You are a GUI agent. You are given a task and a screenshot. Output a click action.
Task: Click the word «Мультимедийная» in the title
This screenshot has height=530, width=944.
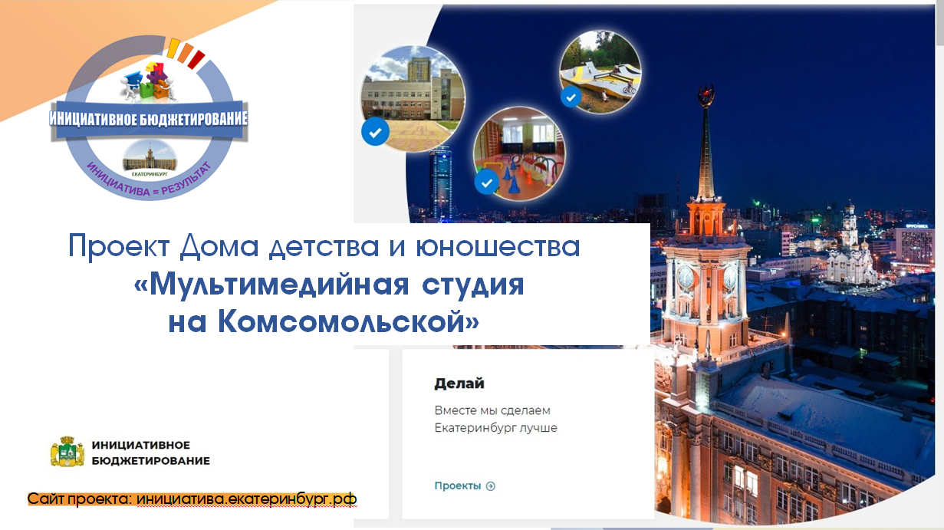[279, 285]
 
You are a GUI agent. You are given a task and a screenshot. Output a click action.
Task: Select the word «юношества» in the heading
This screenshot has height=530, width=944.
[498, 246]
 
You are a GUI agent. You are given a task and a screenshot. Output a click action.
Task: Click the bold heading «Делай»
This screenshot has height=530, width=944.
[459, 384]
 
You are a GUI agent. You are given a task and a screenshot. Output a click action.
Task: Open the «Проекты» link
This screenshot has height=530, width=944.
[458, 486]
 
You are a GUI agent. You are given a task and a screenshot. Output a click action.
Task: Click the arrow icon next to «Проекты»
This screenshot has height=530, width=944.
[491, 486]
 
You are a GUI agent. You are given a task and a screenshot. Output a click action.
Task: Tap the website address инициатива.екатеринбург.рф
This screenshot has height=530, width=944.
[246, 499]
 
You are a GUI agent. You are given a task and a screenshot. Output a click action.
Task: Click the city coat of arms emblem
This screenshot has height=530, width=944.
[67, 452]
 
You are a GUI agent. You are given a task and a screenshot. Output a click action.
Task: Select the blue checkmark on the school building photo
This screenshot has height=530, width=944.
[375, 132]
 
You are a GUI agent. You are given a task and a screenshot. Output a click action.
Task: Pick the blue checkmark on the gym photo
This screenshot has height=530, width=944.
[487, 182]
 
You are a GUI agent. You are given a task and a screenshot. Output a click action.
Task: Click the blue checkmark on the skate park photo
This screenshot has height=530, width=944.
[571, 97]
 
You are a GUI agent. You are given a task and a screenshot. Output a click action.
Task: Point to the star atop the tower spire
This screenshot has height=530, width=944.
[706, 96]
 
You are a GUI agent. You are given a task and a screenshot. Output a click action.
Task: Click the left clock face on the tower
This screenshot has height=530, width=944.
[686, 277]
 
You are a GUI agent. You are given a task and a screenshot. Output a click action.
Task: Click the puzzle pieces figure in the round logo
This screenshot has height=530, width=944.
[150, 82]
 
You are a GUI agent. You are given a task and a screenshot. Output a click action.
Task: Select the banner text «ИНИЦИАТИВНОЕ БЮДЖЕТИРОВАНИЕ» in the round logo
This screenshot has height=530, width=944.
[148, 119]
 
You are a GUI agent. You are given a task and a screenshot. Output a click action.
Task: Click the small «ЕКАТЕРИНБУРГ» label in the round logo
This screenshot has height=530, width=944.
[150, 173]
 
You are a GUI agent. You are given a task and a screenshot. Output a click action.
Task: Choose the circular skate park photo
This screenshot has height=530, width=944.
[600, 71]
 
